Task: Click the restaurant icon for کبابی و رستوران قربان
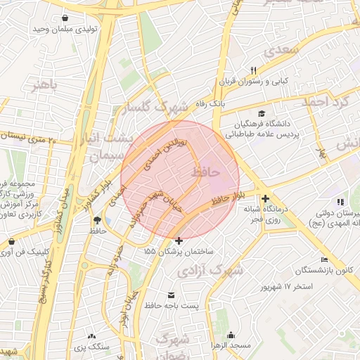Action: pyautogui.click(x=254, y=70)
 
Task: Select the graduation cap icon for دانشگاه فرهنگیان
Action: pyautogui.click(x=262, y=114)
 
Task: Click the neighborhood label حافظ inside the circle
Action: pyautogui.click(x=205, y=172)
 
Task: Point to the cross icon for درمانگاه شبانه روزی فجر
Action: pyautogui.click(x=265, y=199)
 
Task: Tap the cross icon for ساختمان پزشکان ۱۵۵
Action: pyautogui.click(x=179, y=241)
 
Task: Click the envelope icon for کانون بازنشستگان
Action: pyautogui.click(x=324, y=259)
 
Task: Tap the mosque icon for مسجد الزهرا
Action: pyautogui.click(x=231, y=335)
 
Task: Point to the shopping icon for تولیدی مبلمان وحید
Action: pyautogui.click(x=65, y=18)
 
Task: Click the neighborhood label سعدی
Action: pyautogui.click(x=281, y=51)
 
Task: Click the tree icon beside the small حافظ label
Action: pyautogui.click(x=96, y=220)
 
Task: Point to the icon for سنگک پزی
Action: pyautogui.click(x=91, y=336)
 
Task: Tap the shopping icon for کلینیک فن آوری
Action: pyautogui.click(x=11, y=241)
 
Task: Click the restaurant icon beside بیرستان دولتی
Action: pyautogui.click(x=341, y=202)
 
